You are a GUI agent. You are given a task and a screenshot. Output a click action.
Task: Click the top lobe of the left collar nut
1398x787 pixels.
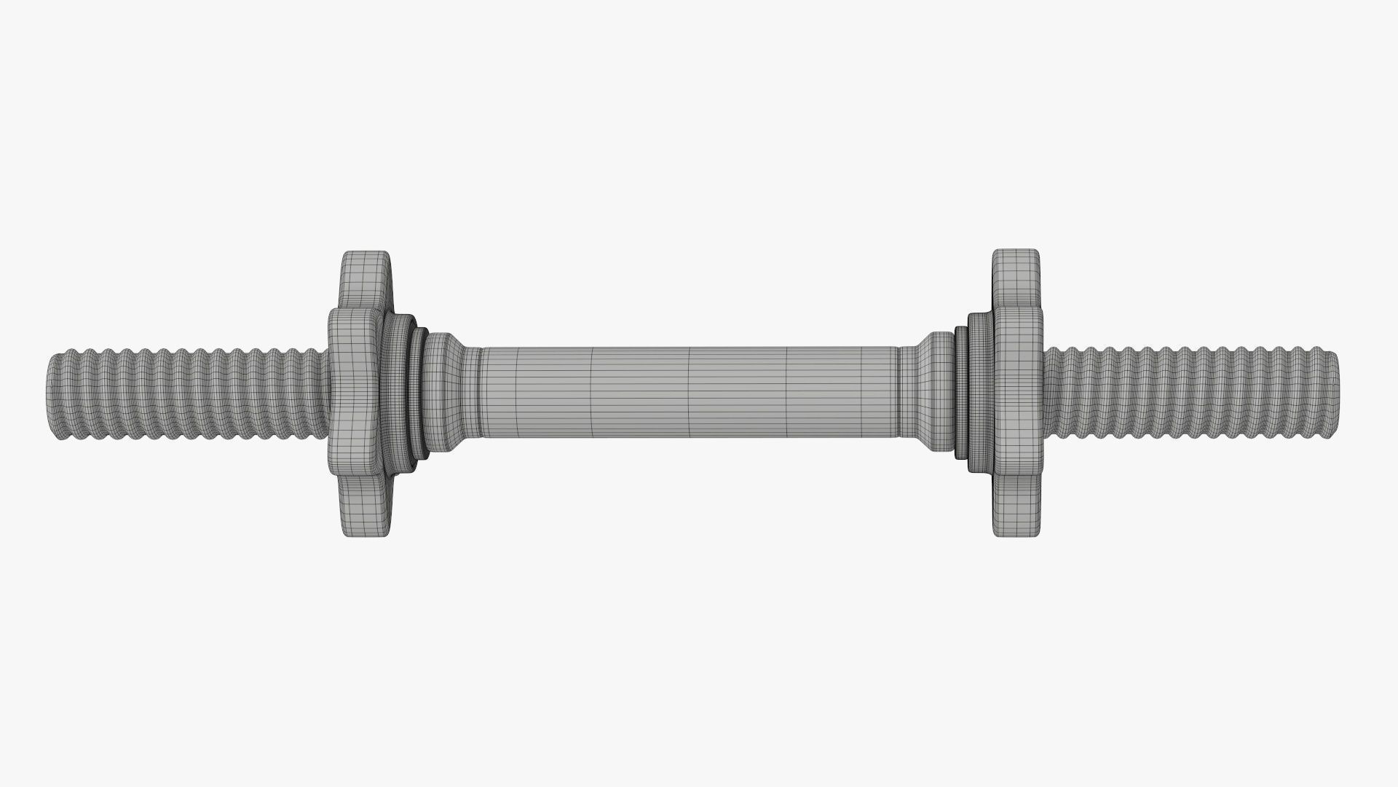click(366, 281)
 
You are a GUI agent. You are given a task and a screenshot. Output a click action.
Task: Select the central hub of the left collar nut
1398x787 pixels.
click(355, 393)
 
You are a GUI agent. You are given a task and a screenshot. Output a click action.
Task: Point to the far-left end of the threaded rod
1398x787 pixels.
click(52, 393)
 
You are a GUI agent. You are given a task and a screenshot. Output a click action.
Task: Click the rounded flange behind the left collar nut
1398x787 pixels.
click(397, 393)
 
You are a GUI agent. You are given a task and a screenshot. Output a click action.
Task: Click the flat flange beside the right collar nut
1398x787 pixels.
click(979, 393)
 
